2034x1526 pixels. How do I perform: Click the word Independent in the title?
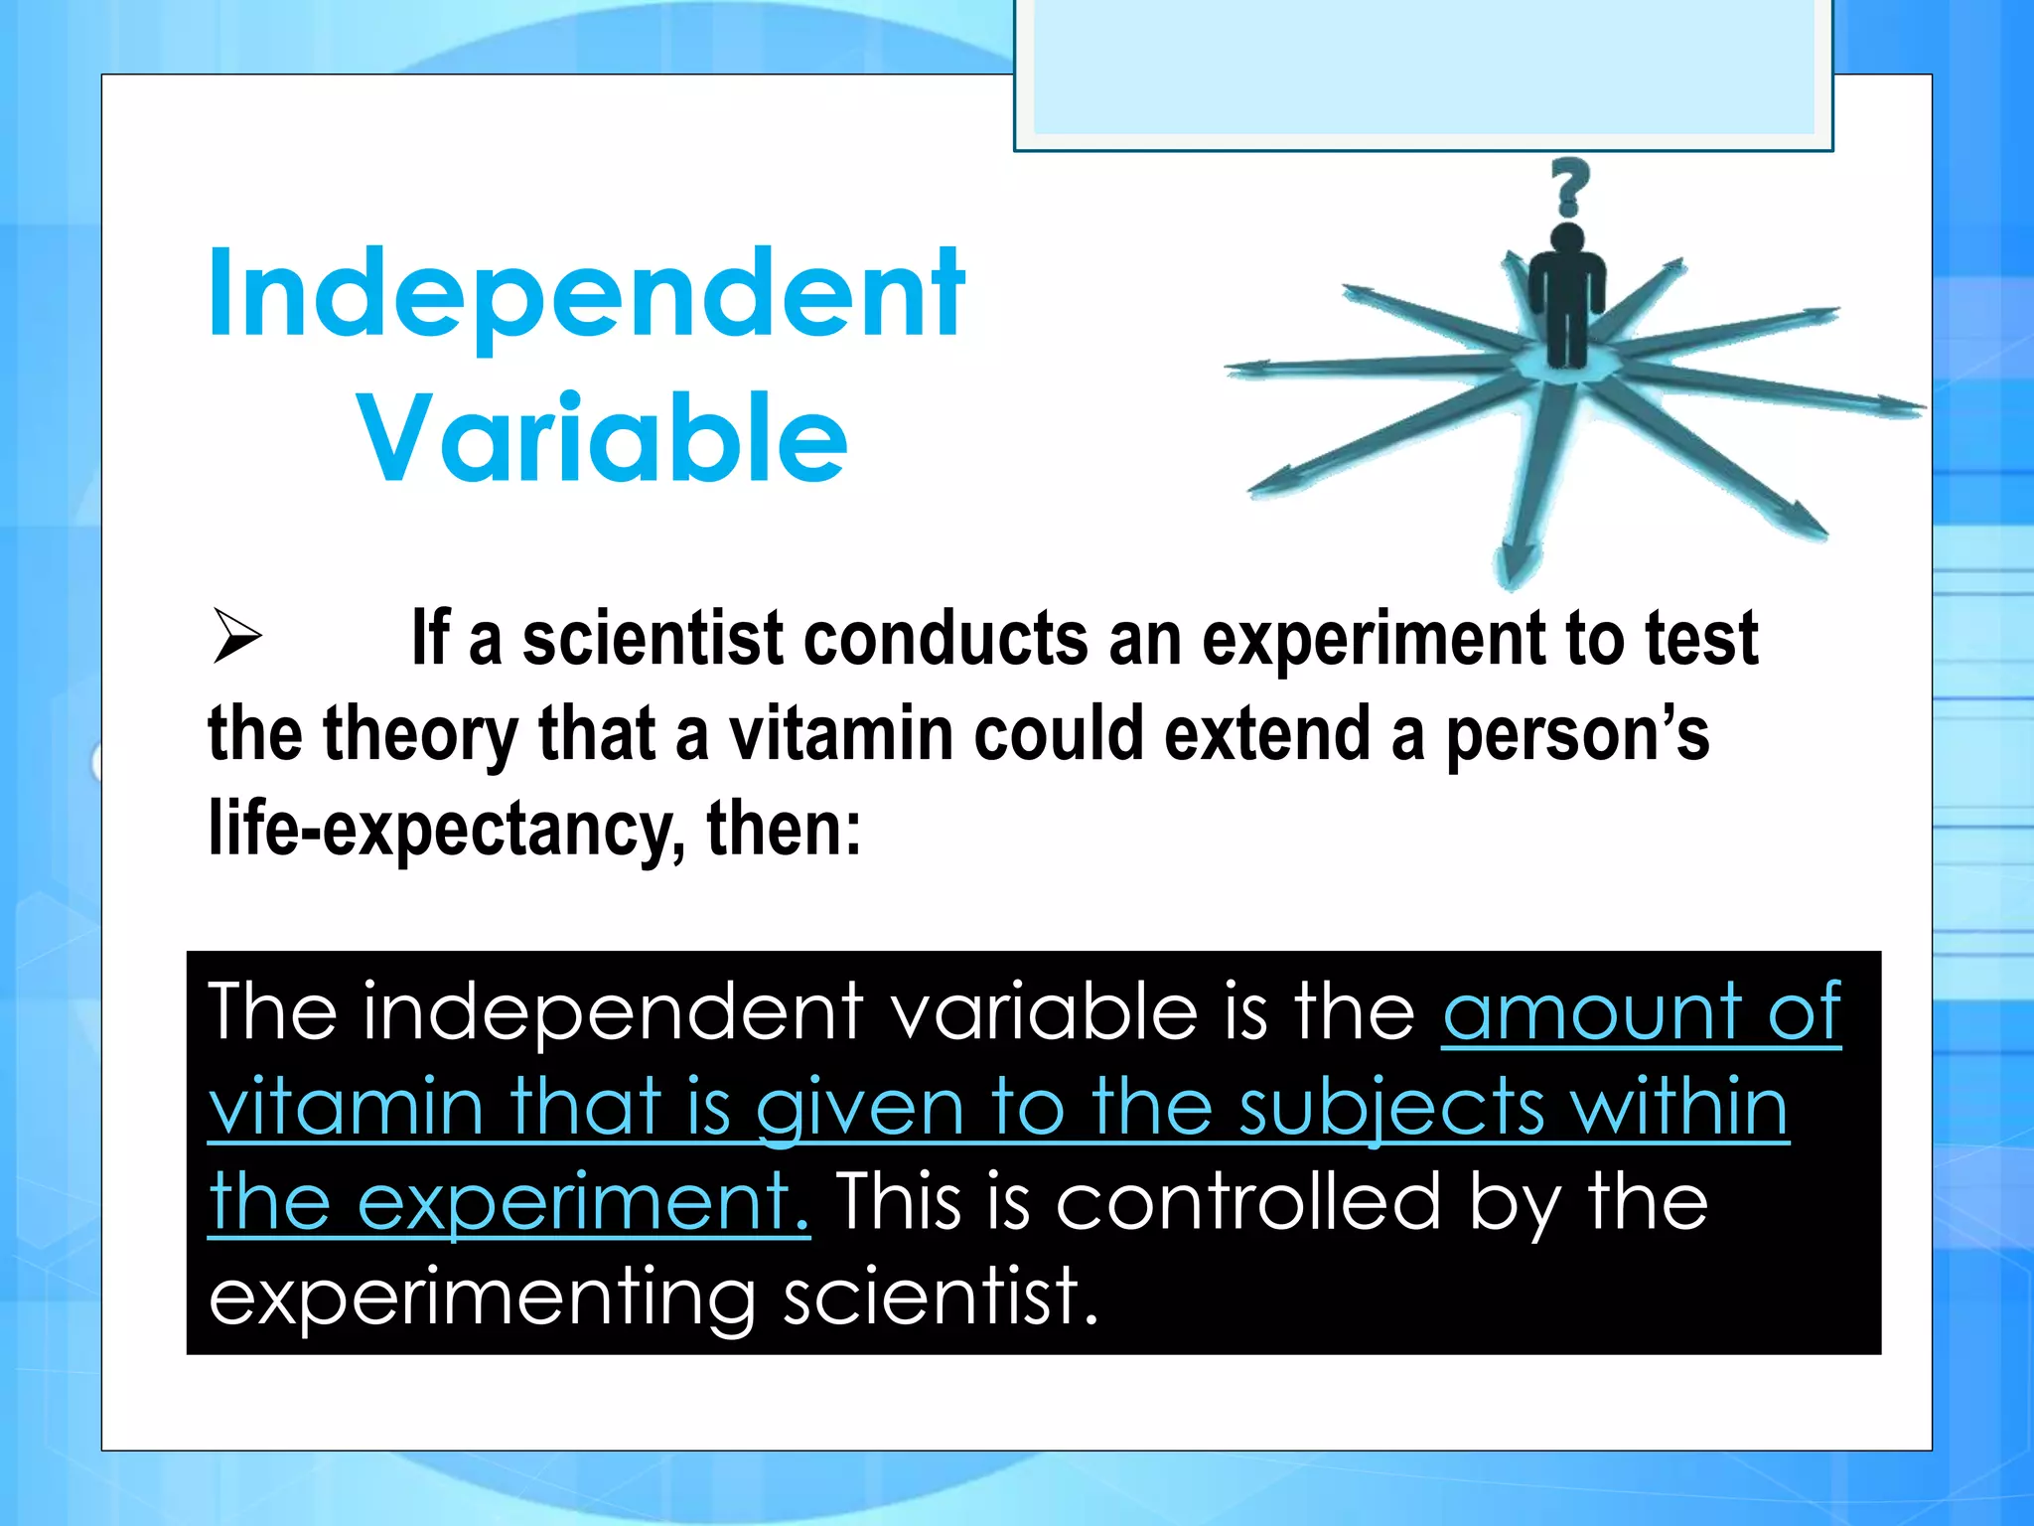[x=586, y=294]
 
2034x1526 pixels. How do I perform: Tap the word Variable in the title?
[x=603, y=438]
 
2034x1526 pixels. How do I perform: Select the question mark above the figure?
[x=1569, y=187]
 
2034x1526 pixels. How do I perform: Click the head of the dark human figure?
[x=1567, y=238]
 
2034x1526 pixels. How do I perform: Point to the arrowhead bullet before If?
[x=236, y=638]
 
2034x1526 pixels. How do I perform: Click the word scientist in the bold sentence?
[x=653, y=638]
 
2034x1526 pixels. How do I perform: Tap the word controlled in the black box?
[x=1247, y=1202]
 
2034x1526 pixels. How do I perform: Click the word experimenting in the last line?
[x=483, y=1297]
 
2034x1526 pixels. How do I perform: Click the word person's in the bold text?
[x=1577, y=734]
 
